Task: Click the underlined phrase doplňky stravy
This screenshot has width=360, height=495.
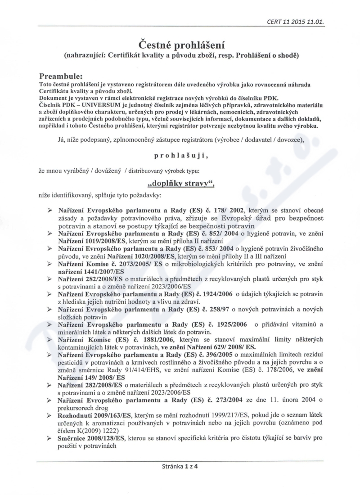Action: (x=180, y=184)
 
